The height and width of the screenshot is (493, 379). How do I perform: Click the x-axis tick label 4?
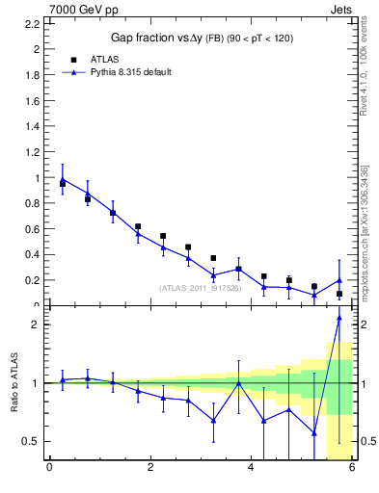[x=251, y=468]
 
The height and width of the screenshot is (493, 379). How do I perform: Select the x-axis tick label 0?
[x=49, y=468]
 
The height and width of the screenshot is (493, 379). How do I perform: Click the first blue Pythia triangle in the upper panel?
[x=63, y=179]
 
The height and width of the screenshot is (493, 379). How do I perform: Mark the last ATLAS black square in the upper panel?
[x=338, y=294]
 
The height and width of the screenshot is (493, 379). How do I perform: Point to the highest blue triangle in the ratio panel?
[x=338, y=318]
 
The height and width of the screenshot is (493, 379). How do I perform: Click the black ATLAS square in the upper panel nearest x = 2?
[x=138, y=226]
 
